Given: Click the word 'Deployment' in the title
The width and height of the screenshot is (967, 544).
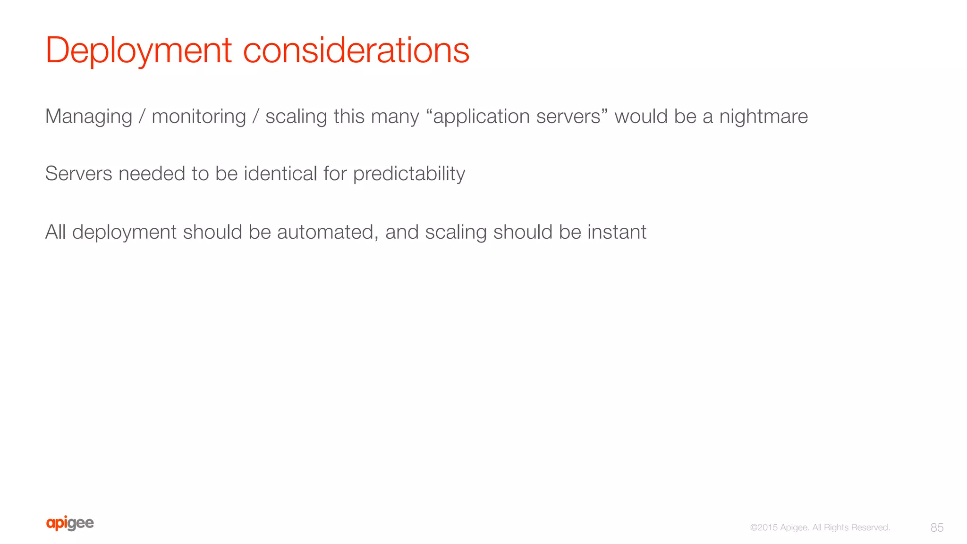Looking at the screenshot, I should (138, 51).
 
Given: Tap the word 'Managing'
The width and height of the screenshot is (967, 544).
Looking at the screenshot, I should (89, 117).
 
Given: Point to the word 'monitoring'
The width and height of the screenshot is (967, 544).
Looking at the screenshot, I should (199, 117).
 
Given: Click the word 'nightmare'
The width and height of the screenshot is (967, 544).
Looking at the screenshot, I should (763, 117).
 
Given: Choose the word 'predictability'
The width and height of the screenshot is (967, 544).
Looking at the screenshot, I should (409, 174).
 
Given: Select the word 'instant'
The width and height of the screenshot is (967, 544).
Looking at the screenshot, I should (617, 232).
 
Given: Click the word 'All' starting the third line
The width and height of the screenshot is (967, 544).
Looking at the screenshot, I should (55, 232).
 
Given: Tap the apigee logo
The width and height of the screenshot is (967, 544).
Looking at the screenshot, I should (70, 523).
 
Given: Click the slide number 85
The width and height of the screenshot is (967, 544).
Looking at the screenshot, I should (937, 527).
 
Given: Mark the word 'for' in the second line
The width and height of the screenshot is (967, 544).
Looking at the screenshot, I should (335, 174).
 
